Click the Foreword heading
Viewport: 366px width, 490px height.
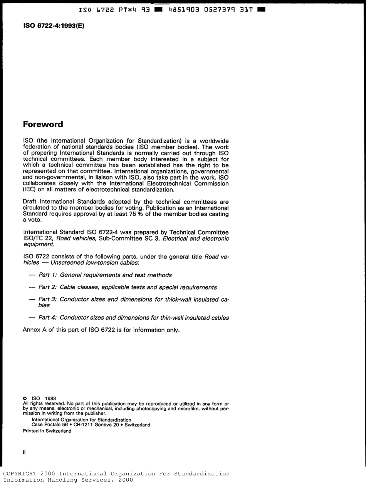click(43, 125)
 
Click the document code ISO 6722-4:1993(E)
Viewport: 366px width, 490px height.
click(54, 26)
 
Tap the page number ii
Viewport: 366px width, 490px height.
click(24, 452)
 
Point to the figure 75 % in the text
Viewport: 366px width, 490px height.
click(136, 214)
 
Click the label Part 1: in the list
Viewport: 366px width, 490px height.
click(48, 275)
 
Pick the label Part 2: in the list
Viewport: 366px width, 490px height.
click(48, 287)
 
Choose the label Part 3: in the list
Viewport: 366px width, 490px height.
click(48, 299)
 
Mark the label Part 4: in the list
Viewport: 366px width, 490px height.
click(48, 318)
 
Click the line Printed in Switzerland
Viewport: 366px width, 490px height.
click(47, 431)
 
